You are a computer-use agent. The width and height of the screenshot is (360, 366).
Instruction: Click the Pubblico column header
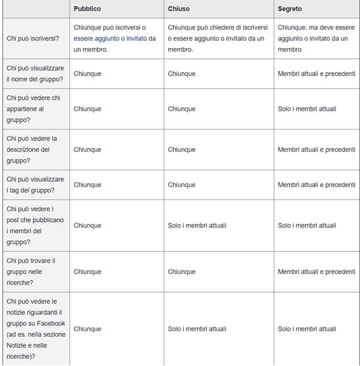(87, 9)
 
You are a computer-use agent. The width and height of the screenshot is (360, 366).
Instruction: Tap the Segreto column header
(290, 9)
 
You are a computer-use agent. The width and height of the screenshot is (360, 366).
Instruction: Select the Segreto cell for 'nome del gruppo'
(316, 74)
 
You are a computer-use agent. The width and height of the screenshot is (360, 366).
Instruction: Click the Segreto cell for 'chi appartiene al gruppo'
(307, 109)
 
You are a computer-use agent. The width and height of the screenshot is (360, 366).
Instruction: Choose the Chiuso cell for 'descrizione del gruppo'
(181, 149)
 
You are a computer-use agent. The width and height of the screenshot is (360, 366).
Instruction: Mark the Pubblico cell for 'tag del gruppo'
(87, 185)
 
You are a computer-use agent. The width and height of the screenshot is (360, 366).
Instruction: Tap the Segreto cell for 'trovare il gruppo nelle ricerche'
(316, 272)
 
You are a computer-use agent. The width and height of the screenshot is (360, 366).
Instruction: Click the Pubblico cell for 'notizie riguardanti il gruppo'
(87, 329)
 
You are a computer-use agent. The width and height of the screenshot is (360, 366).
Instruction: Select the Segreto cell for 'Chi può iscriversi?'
(316, 38)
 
